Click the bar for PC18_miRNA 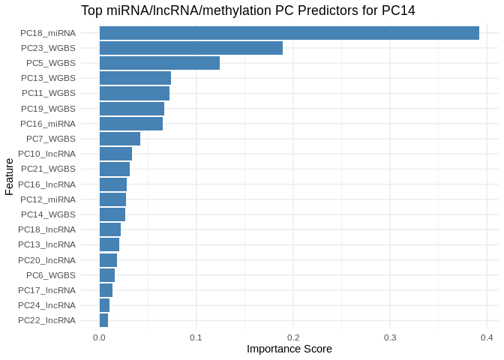[289, 33]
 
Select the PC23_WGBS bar [190, 48]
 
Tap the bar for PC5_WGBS [159, 63]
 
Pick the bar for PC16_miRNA [130, 124]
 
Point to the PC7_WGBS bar [119, 139]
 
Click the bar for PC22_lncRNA [103, 320]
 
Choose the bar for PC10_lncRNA [115, 154]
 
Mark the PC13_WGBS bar [135, 78]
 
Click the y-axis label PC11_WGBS [48, 93]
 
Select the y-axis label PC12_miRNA [48, 199]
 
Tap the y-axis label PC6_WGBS [50, 275]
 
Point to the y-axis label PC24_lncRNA [46, 305]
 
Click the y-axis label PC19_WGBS [48, 109]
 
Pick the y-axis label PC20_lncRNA [46, 260]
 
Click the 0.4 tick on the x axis [487, 337]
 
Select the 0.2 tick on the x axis [293, 337]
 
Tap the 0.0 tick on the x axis [99, 337]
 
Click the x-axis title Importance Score [289, 349]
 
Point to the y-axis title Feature [9, 176]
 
